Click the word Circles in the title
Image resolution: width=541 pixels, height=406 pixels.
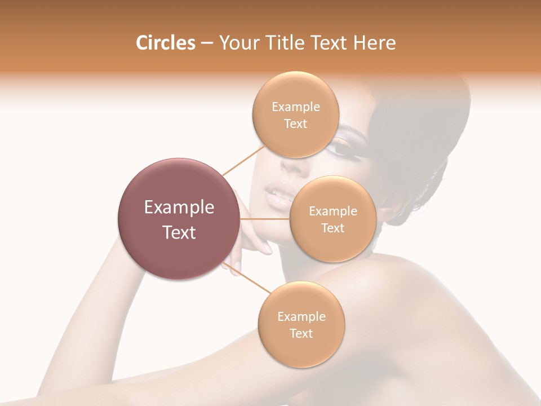[166, 43]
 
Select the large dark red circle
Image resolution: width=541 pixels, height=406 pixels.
[179, 219]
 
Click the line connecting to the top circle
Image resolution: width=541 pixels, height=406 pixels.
[243, 160]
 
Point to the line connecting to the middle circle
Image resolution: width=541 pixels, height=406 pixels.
[265, 219]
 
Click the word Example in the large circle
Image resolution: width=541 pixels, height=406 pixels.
[179, 208]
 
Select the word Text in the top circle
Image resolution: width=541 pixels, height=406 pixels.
[296, 123]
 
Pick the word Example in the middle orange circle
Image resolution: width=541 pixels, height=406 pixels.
[332, 211]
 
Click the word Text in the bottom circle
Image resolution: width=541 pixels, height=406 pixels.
[301, 333]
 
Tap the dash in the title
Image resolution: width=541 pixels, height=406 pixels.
[207, 43]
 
